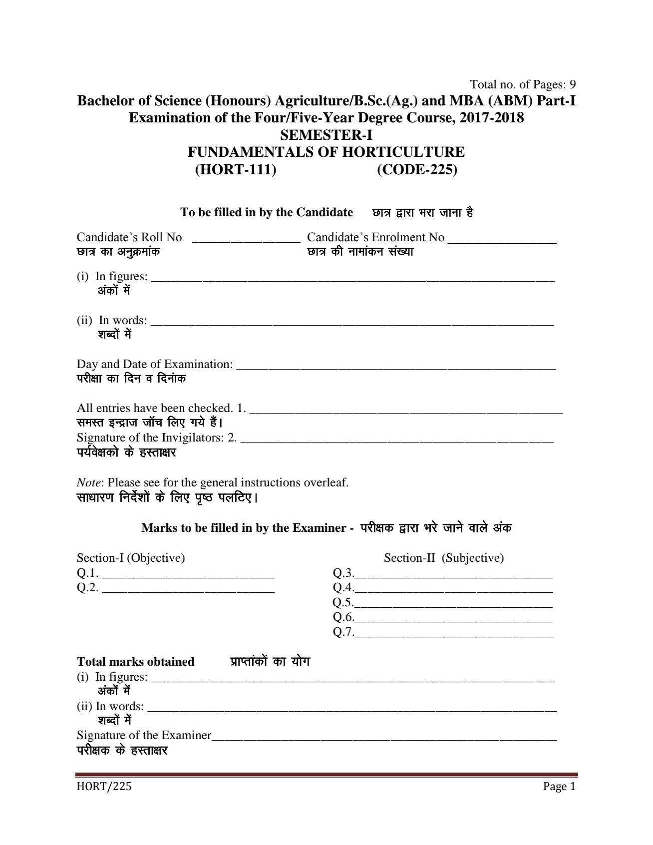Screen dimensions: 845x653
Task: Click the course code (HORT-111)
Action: click(235, 170)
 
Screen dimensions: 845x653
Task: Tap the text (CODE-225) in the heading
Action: click(417, 170)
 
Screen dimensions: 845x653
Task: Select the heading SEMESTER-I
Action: click(326, 135)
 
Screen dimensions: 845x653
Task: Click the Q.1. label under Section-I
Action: click(87, 573)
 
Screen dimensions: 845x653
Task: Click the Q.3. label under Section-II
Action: click(343, 573)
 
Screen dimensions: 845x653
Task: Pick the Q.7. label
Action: click(343, 632)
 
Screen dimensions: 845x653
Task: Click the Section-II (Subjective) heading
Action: click(443, 558)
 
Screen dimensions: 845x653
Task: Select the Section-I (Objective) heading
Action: click(131, 558)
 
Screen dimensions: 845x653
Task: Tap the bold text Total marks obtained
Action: click(135, 662)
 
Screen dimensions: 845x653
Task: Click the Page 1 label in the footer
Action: click(560, 787)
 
